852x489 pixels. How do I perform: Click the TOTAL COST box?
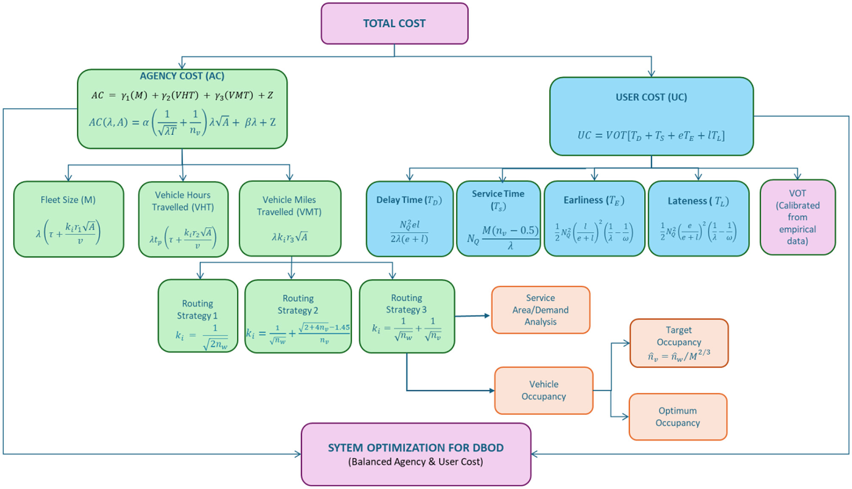394,24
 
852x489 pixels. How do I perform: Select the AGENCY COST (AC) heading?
182,76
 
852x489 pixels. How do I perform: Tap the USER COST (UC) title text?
651,97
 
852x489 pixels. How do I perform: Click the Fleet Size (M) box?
68,219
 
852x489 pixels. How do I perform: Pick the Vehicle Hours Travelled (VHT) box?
183,219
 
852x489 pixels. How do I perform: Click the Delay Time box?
409,219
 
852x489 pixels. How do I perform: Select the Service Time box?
498,219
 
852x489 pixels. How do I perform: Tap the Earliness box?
594,219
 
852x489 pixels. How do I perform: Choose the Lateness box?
698,219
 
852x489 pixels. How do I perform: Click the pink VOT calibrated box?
797,217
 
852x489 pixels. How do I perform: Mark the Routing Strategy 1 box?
198,316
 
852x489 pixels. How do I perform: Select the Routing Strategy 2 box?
298,316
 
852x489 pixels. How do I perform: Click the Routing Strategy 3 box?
406,316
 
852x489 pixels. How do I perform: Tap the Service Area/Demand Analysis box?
540,310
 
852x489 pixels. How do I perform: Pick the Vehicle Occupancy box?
543,390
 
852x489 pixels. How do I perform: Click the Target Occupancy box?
678,343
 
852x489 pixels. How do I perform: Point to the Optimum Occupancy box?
677,417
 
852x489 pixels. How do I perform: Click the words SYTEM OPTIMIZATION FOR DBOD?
415,448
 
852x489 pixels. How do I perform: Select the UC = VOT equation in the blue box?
651,136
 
